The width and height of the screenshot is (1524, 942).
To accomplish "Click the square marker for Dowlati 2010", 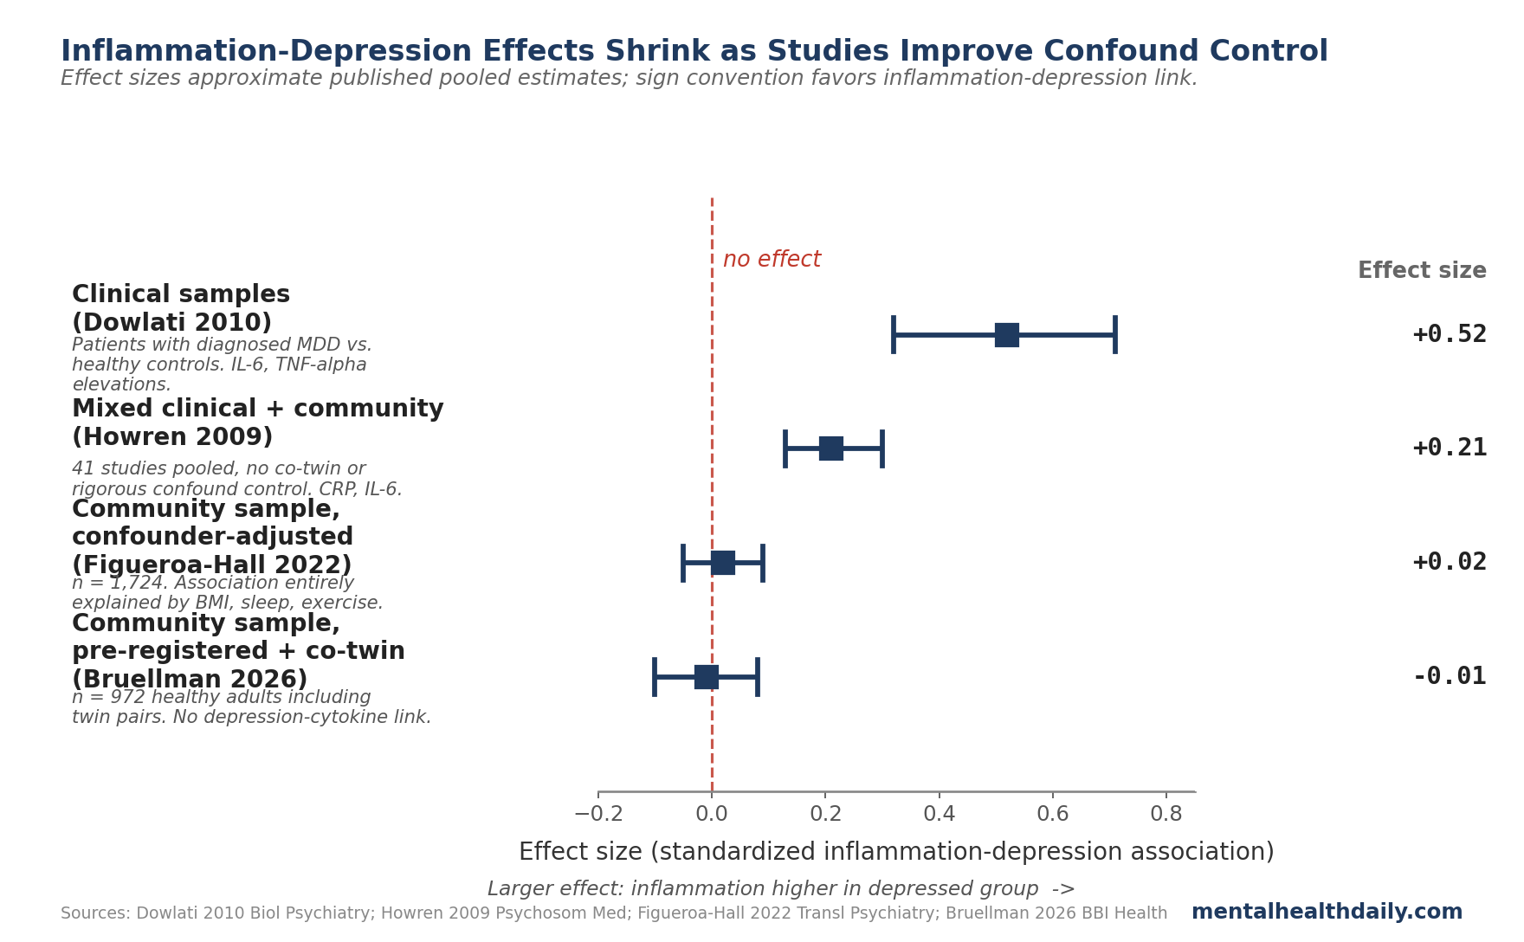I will point(1006,335).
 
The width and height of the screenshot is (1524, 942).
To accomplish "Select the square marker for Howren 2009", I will point(830,448).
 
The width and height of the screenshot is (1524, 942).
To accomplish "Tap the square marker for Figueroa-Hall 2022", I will point(723,563).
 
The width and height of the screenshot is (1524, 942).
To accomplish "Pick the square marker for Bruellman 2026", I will point(706,677).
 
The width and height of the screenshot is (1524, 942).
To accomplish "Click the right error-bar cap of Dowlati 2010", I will point(1114,335).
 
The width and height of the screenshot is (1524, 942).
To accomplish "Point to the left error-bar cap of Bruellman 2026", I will point(655,677).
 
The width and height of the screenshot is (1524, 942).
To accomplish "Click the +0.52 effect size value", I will point(1449,334).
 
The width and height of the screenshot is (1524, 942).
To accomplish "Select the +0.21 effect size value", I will point(1449,448).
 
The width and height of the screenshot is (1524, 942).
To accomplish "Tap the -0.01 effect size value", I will point(1449,676).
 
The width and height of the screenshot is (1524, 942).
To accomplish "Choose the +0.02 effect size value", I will point(1449,562).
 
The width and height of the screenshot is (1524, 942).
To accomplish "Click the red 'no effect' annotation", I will point(772,260).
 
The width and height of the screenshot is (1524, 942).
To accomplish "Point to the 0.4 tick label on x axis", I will point(939,814).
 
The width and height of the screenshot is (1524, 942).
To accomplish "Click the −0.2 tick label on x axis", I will point(598,814).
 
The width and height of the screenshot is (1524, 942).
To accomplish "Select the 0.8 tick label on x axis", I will point(1166,814).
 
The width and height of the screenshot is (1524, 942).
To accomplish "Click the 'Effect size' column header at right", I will point(1421,271).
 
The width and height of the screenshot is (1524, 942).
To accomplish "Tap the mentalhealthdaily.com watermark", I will point(1327,912).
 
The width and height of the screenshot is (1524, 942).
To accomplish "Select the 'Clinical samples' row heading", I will point(181,295).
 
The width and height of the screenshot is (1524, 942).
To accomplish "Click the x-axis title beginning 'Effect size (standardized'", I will point(896,852).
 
